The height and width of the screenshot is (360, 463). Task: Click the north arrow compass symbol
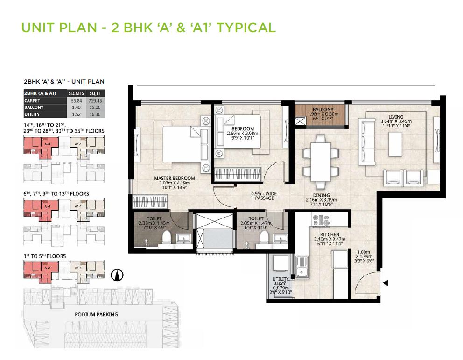coord(116,276)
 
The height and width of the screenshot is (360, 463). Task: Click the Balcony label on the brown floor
coord(322,110)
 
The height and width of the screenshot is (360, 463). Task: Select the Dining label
coord(322,195)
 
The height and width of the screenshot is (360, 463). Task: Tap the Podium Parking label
coord(96,314)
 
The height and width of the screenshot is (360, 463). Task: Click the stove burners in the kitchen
coord(321,220)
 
